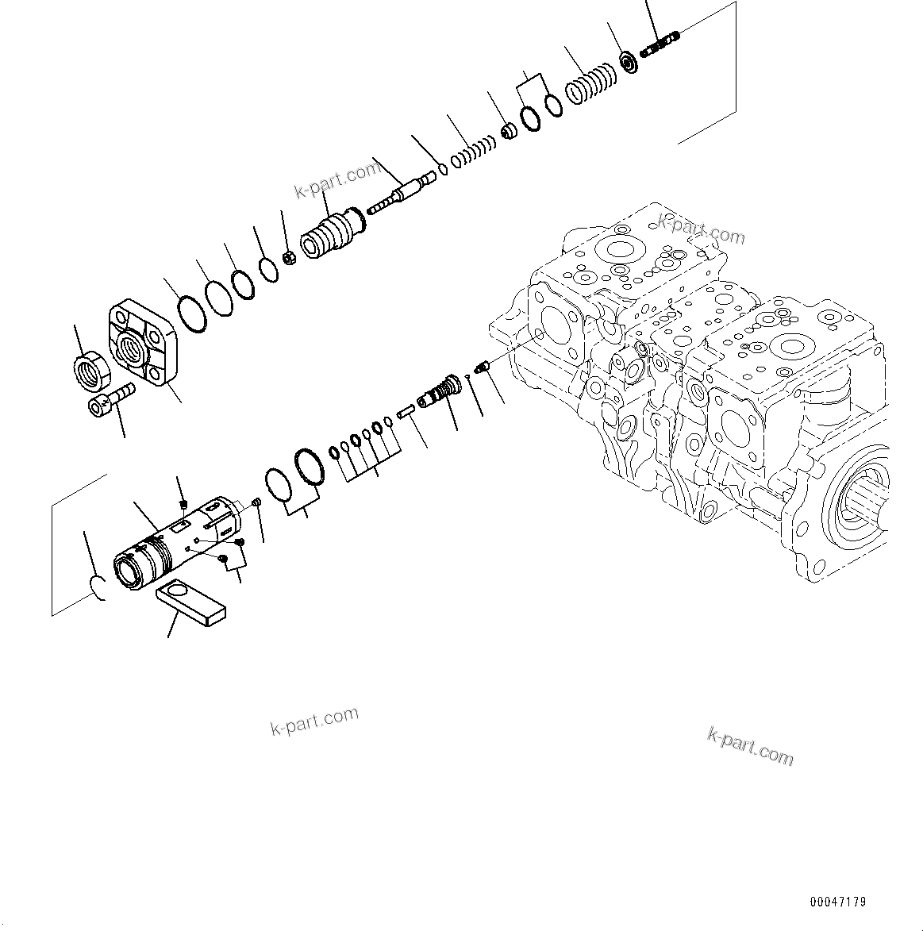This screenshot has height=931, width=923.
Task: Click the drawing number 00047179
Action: pyautogui.click(x=838, y=902)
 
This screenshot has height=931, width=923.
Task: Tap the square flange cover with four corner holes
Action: pyautogui.click(x=144, y=343)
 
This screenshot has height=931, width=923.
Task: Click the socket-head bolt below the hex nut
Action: pyautogui.click(x=110, y=398)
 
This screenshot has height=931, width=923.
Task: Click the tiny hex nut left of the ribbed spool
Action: pyautogui.click(x=290, y=257)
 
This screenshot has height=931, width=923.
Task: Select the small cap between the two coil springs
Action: pyautogui.click(x=509, y=130)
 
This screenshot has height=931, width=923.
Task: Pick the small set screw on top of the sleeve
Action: pyautogui.click(x=182, y=505)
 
